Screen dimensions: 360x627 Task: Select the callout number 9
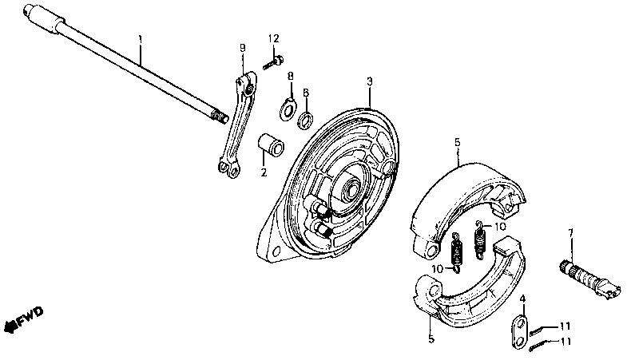(242, 49)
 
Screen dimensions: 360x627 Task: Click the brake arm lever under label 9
(237, 123)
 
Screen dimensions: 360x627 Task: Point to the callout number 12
(273, 38)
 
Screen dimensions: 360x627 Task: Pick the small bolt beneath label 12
(272, 60)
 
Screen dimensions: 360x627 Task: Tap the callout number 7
(570, 232)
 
